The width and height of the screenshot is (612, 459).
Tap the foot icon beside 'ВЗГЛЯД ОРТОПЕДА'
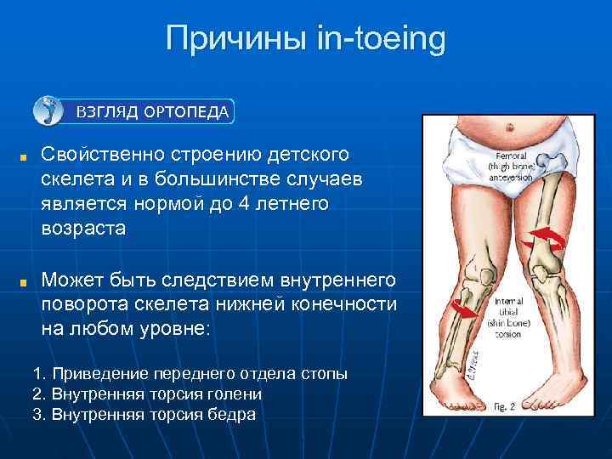pyautogui.click(x=47, y=110)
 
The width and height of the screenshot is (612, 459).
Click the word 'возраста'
pyautogui.click(x=82, y=229)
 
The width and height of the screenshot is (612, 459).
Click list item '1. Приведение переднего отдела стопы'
pyautogui.click(x=190, y=374)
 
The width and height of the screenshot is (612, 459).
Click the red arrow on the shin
pyautogui.click(x=464, y=310)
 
